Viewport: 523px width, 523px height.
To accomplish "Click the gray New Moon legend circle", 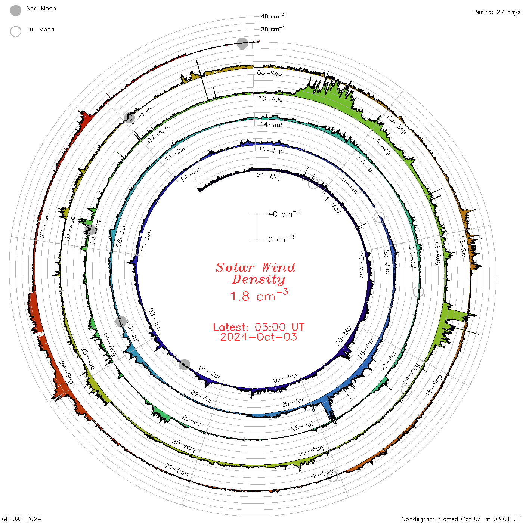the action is pyautogui.click(x=16, y=10).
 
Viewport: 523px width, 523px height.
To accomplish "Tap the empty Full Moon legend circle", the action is pyautogui.click(x=16, y=31).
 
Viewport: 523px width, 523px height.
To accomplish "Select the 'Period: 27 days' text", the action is pyautogui.click(x=496, y=12).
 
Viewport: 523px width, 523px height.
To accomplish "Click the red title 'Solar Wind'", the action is pyautogui.click(x=256, y=267).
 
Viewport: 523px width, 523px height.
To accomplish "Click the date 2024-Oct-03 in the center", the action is pyautogui.click(x=259, y=337).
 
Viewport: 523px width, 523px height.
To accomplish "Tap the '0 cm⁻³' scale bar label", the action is pyautogui.click(x=281, y=239).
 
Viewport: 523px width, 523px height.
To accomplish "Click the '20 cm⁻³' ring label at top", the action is pyautogui.click(x=273, y=28).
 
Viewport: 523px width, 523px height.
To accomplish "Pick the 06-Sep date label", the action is pyautogui.click(x=269, y=73).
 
